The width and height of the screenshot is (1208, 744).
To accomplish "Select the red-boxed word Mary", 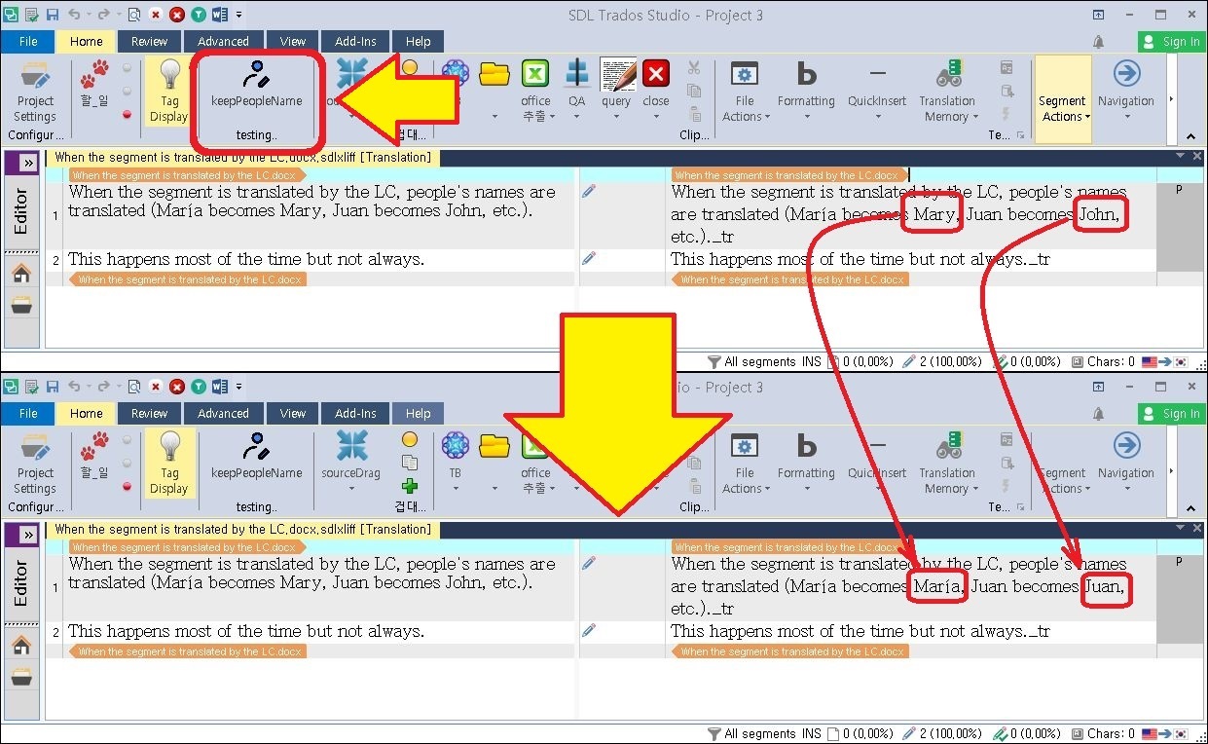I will point(933,214).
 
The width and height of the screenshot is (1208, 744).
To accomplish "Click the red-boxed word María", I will point(937,586).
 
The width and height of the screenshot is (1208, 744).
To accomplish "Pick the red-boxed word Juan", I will point(1105,586).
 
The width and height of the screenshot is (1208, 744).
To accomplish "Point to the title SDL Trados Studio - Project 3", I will point(666,16).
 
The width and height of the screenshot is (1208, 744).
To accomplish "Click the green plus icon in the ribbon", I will point(410,486).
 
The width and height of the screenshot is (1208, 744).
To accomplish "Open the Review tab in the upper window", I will point(149,42).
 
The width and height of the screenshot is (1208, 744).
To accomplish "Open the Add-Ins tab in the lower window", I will point(355,414).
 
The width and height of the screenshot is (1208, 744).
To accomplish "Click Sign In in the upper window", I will point(1172,42).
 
